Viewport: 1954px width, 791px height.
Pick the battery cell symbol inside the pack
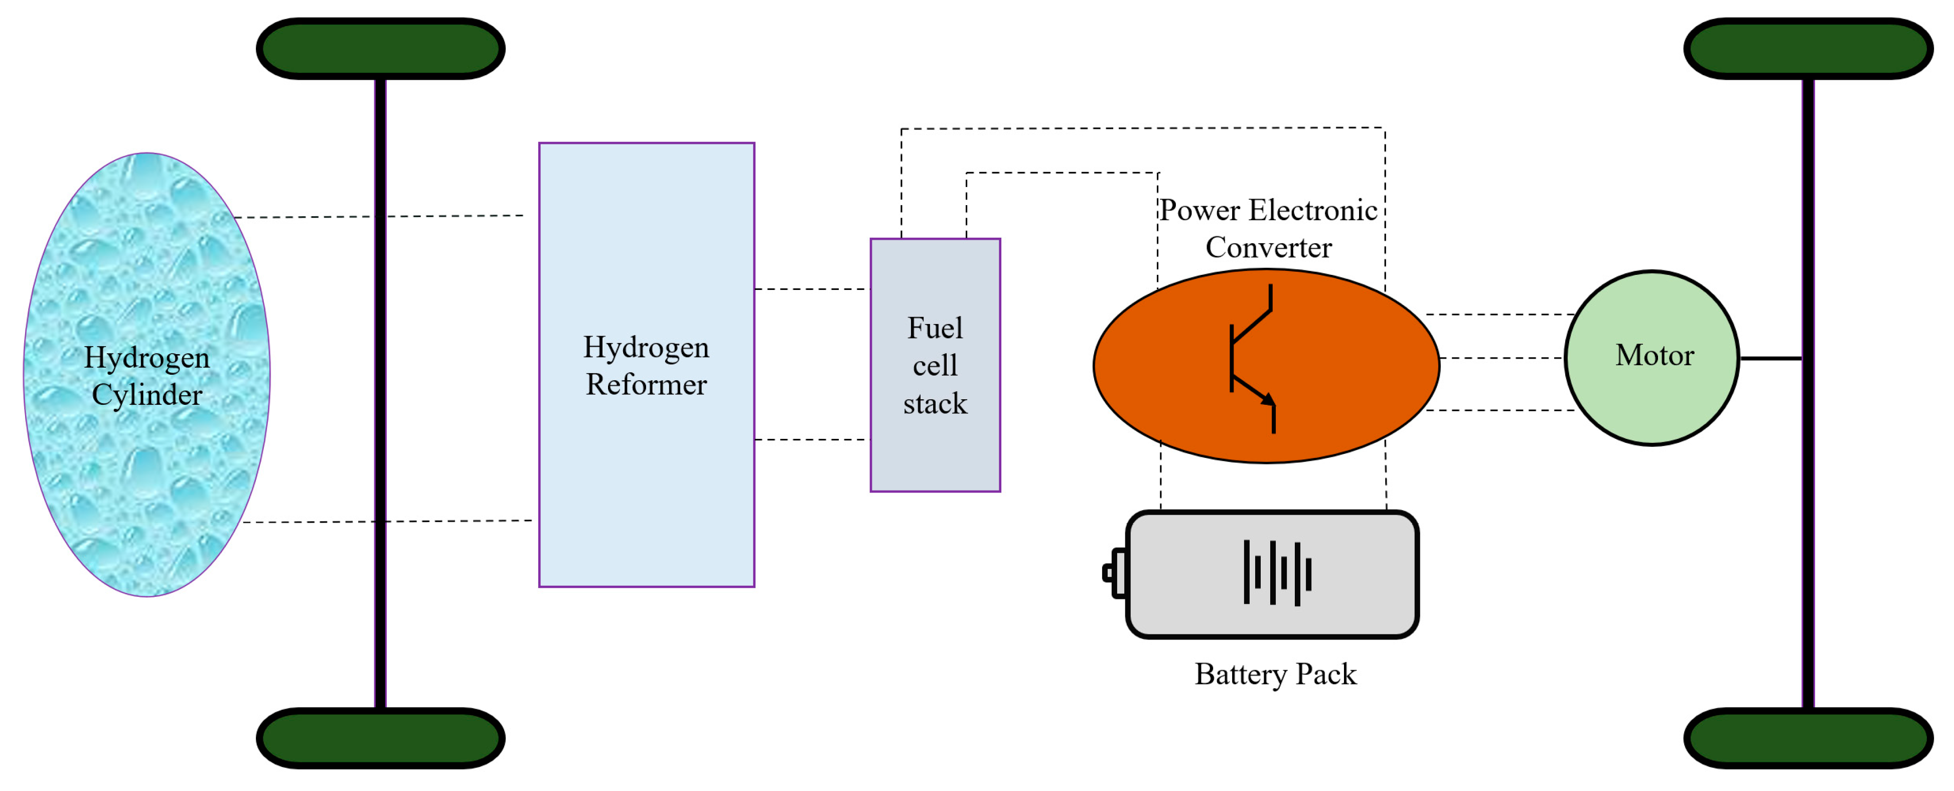pyautogui.click(x=1277, y=573)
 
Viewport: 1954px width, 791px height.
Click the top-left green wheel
pyautogui.click(x=381, y=49)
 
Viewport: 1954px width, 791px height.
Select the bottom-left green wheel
pyautogui.click(x=381, y=738)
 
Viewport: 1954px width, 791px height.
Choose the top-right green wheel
pyautogui.click(x=1808, y=49)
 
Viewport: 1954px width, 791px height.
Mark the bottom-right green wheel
pyautogui.click(x=1808, y=738)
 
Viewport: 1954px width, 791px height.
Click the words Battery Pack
pyautogui.click(x=1275, y=674)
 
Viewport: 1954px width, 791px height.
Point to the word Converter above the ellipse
pyautogui.click(x=1268, y=248)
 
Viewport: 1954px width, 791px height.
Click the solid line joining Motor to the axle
pyautogui.click(x=1770, y=358)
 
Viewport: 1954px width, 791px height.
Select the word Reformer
pyautogui.click(x=646, y=385)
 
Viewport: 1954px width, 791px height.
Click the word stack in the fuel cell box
pyautogui.click(x=935, y=403)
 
